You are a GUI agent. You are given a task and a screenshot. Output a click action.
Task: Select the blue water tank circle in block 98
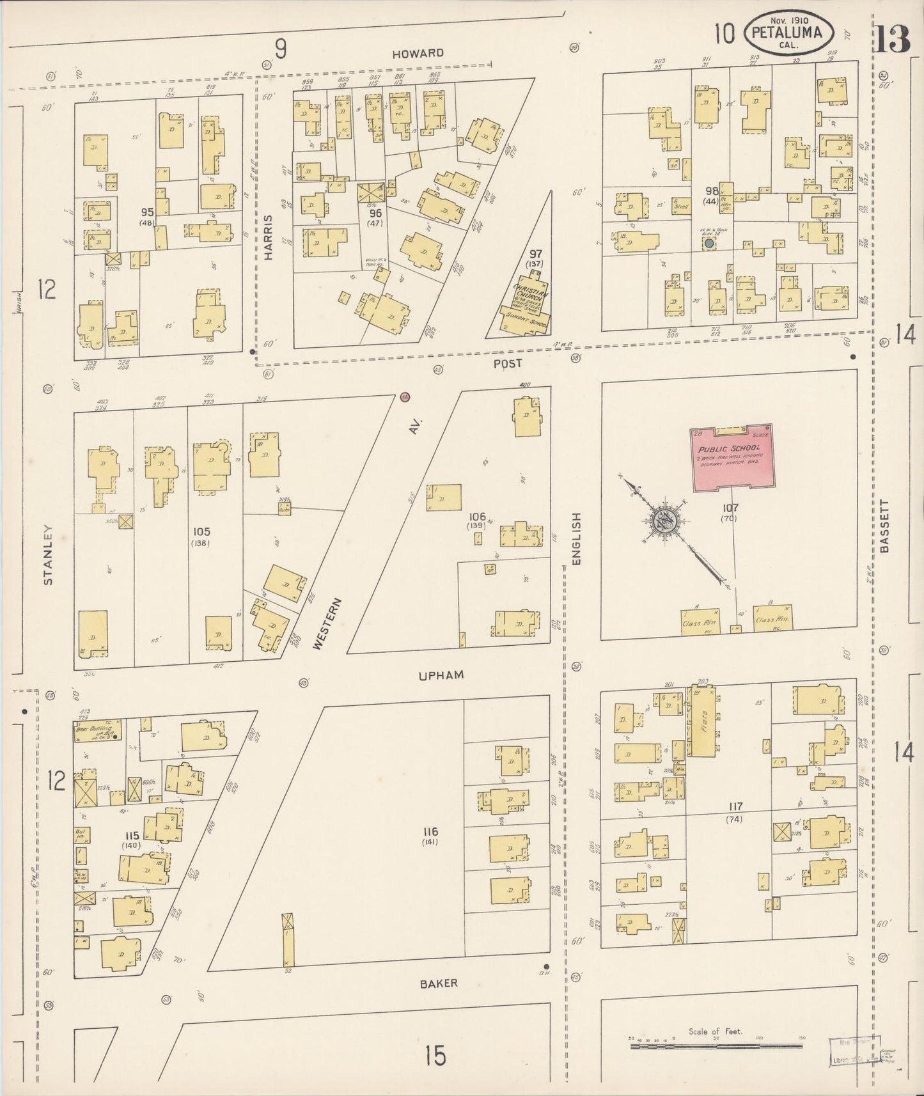[709, 244]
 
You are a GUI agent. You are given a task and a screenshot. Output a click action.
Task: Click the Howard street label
[418, 53]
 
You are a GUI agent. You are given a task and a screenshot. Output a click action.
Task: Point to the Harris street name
[269, 237]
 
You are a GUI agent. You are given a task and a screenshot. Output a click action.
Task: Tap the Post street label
[508, 363]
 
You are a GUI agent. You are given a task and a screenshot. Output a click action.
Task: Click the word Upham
[441, 675]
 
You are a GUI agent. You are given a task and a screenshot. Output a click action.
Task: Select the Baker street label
[439, 983]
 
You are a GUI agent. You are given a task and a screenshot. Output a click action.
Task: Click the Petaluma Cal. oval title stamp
[787, 34]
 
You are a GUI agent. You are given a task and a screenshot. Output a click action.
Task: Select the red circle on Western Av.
[404, 397]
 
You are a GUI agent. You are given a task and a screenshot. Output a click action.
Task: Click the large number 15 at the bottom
[435, 1055]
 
